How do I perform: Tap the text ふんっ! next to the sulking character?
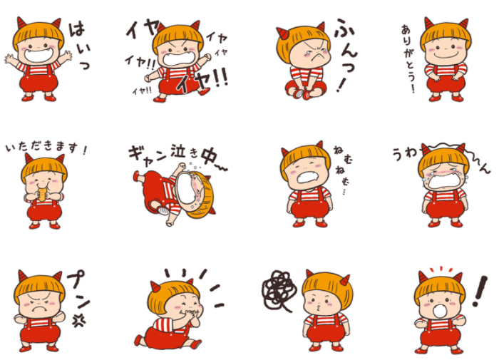click(346, 55)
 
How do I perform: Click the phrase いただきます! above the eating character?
click(46, 148)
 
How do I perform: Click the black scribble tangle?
click(278, 291)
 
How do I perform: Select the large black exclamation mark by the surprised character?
click(480, 291)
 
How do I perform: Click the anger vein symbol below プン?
click(78, 320)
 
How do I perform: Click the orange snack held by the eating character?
click(43, 195)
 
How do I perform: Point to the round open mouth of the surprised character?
click(439, 312)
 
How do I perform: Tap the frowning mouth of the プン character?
click(39, 309)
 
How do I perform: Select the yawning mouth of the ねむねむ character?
click(309, 177)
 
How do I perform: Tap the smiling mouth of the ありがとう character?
click(445, 55)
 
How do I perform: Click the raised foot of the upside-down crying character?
click(137, 176)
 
